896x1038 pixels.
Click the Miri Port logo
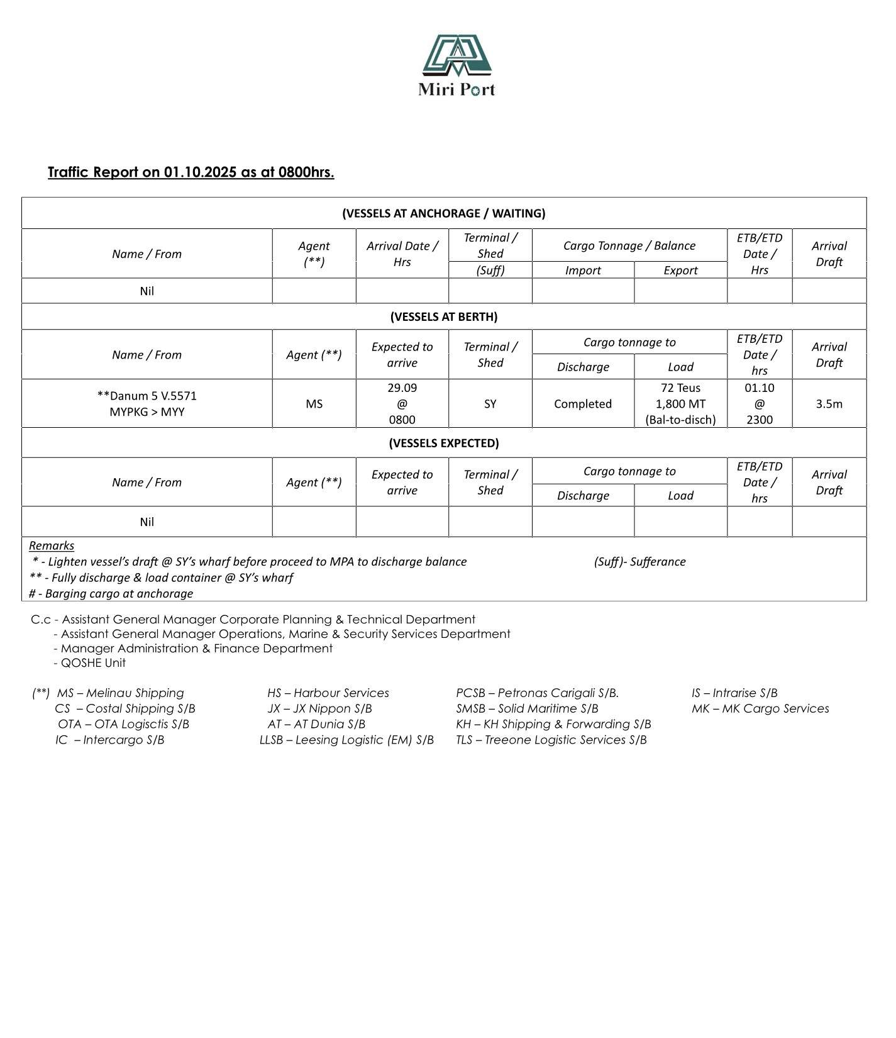[456, 65]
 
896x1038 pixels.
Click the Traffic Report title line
[191, 172]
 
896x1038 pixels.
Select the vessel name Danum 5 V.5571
[147, 396]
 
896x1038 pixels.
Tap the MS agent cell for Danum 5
[314, 404]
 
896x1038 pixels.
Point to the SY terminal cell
[490, 404]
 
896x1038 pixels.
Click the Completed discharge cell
[582, 404]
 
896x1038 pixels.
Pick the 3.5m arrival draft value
[829, 404]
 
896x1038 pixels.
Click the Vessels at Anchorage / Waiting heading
[443, 213]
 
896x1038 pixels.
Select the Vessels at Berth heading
[443, 316]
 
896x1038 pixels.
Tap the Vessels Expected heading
[443, 443]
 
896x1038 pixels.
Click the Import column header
[582, 271]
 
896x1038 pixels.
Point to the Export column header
[680, 271]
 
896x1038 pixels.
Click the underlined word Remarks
[52, 545]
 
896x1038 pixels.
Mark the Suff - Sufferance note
[639, 562]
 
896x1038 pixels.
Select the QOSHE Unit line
[92, 662]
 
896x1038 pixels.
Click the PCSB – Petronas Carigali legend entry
[537, 693]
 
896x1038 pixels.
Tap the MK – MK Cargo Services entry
[760, 708]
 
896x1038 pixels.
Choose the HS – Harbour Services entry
[328, 693]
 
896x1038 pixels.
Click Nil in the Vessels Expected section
[147, 522]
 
